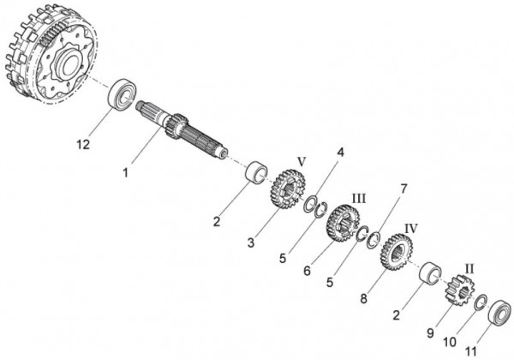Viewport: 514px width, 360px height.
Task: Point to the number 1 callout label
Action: tap(125, 172)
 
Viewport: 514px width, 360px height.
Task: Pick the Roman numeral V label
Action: tap(301, 160)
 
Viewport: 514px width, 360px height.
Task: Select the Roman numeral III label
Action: tap(359, 198)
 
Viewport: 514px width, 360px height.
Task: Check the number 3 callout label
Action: tap(251, 243)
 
